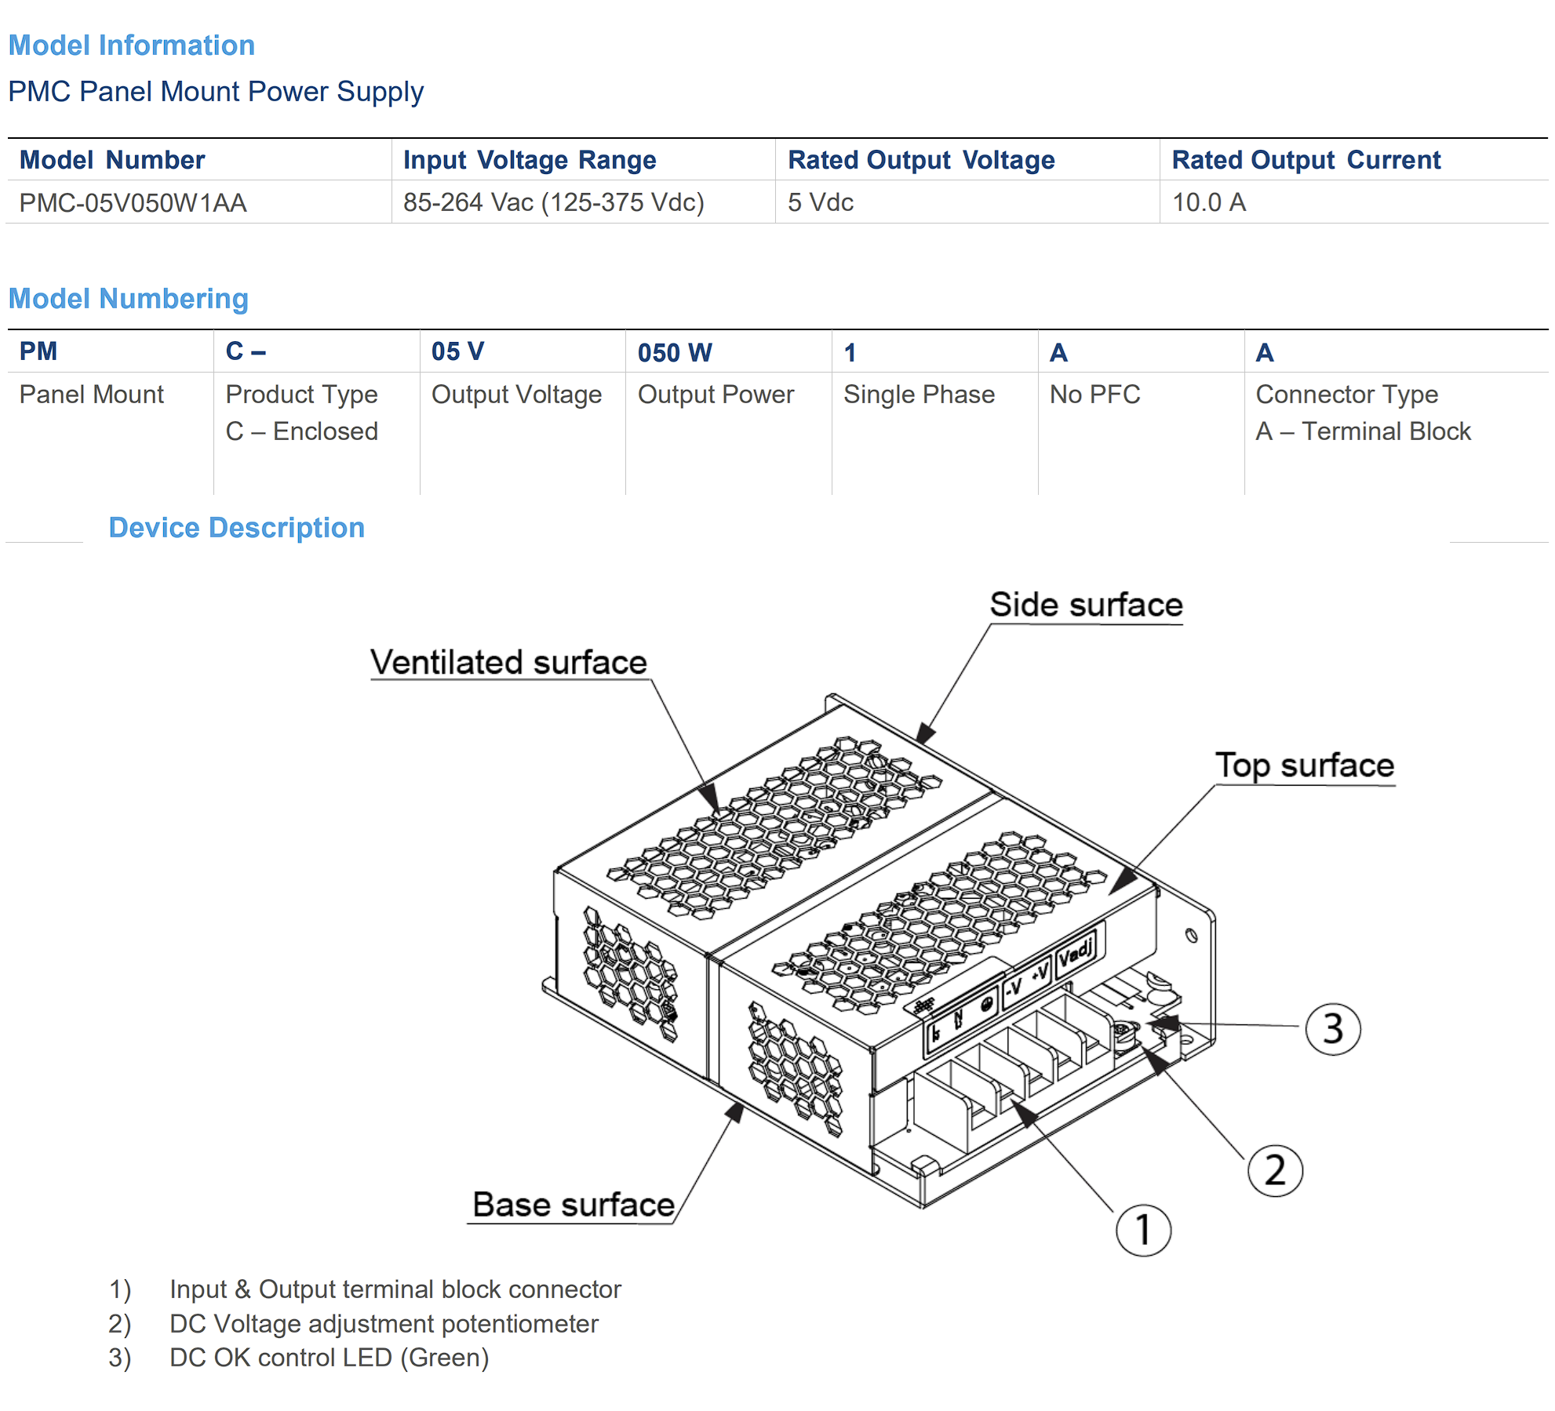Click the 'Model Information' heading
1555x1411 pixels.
coord(132,45)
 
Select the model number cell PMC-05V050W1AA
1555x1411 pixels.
coord(133,203)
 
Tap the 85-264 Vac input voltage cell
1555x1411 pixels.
coord(554,202)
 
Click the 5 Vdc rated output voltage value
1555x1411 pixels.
coord(821,202)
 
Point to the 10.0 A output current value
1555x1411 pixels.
coord(1209,202)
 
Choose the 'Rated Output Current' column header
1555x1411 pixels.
coord(1306,160)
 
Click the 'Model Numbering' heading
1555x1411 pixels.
coord(129,299)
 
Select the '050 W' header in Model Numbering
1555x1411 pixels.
coord(675,352)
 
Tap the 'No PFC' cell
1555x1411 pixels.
coord(1095,394)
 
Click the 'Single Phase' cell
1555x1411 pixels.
coord(919,395)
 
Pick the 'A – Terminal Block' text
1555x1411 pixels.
coord(1363,431)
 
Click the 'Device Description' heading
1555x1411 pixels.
coord(237,528)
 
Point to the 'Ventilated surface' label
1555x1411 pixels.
coord(508,662)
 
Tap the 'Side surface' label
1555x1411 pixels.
coord(1086,605)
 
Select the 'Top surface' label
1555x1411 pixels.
coord(1305,766)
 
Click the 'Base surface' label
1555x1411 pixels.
coord(574,1205)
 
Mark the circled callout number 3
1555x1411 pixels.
coord(1333,1029)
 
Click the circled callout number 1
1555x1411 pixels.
coord(1144,1230)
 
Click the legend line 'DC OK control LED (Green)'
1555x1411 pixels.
coord(329,1358)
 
